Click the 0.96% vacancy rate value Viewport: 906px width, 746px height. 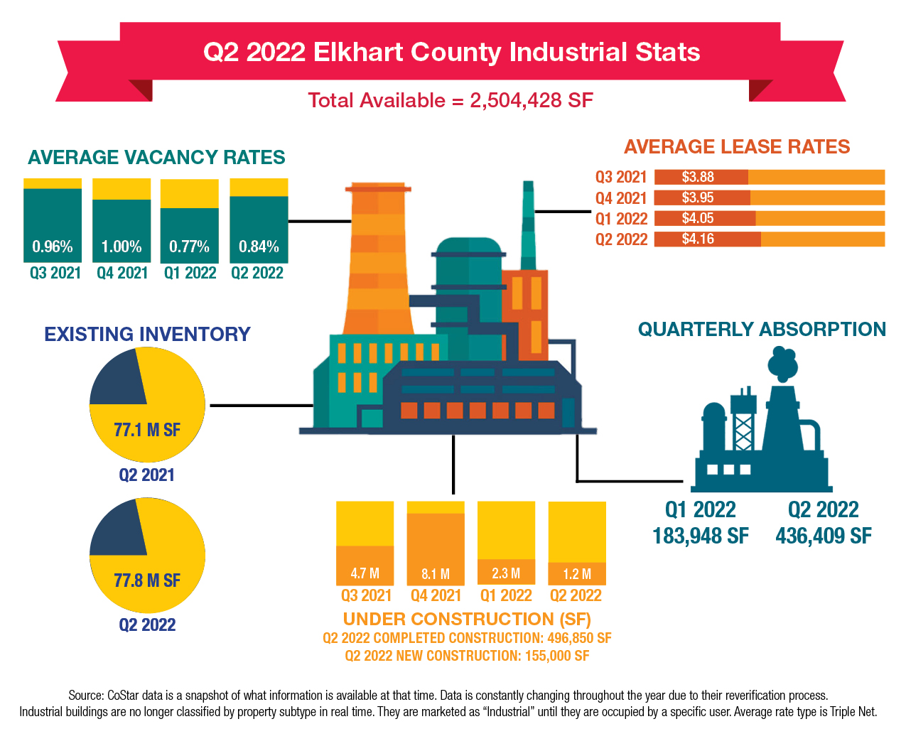pos(53,247)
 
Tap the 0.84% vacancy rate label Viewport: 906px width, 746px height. pos(259,247)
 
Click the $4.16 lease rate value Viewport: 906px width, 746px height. pos(698,239)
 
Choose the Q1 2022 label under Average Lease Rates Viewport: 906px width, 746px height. pos(621,219)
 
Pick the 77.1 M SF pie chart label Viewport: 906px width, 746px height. pos(147,430)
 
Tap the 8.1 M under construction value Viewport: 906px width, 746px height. pos(436,573)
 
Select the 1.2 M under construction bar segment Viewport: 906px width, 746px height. pos(577,573)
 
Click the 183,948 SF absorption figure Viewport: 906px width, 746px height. pos(701,536)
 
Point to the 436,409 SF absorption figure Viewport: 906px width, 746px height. pos(824,536)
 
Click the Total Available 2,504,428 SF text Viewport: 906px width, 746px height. pos(451,100)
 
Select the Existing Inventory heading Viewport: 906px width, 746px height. pos(147,334)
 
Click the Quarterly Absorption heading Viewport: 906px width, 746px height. pos(762,329)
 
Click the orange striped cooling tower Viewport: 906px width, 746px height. pos(378,263)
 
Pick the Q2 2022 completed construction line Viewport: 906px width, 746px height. pos(467,638)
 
